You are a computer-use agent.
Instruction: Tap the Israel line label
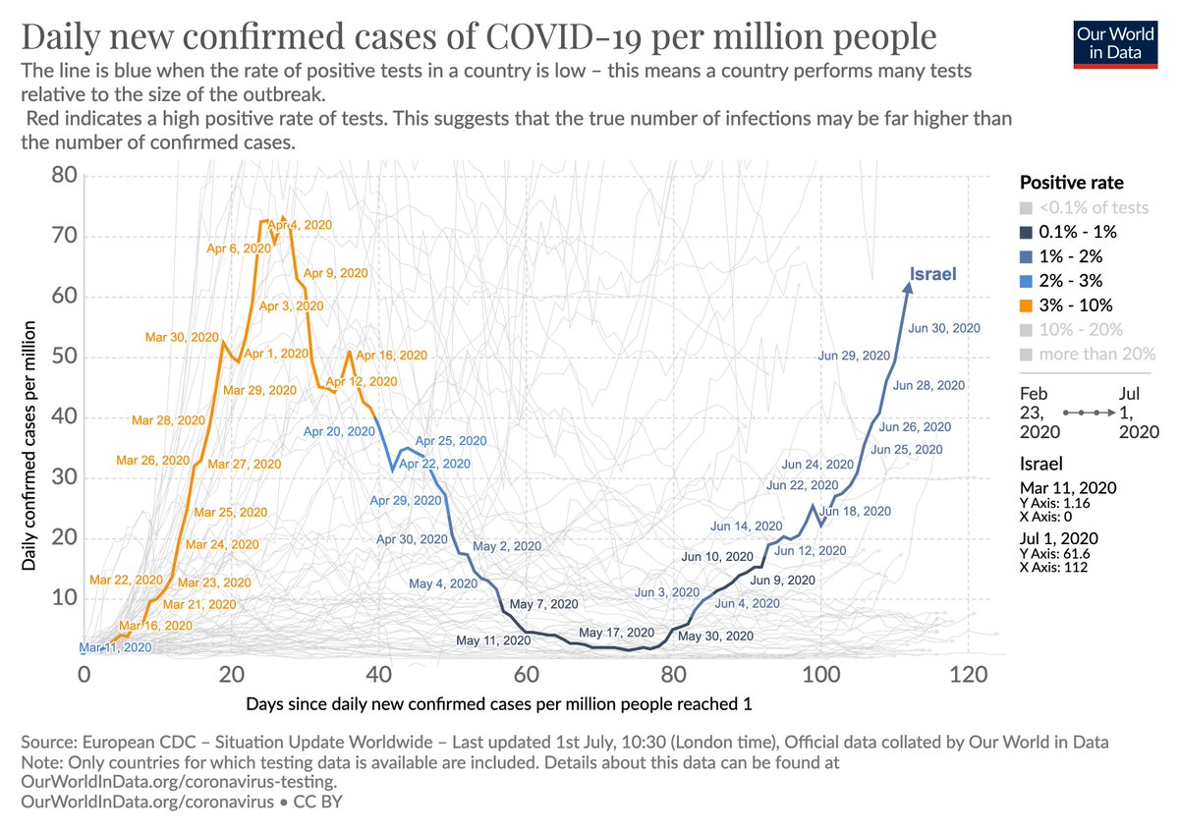(x=932, y=274)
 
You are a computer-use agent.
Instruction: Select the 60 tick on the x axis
(x=526, y=676)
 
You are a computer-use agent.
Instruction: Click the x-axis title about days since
(x=499, y=704)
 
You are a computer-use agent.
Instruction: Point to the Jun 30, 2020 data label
(x=944, y=328)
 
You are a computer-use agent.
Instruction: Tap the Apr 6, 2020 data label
(x=239, y=249)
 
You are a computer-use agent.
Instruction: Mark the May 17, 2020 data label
(x=616, y=633)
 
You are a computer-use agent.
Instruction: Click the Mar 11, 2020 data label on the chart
(x=116, y=647)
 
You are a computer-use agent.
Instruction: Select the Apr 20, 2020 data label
(x=339, y=430)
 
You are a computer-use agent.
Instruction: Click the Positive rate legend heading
(x=1071, y=183)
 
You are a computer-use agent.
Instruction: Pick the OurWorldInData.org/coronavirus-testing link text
(x=178, y=782)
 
